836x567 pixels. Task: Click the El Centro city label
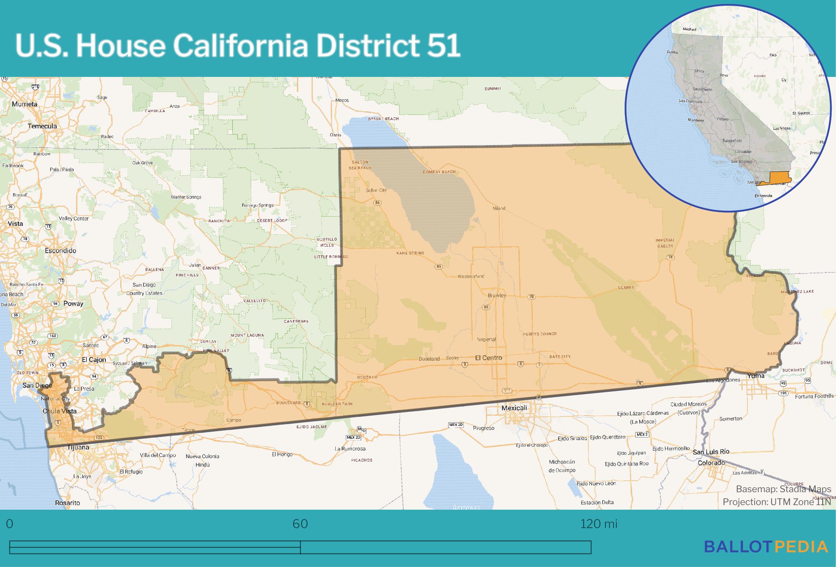pos(488,358)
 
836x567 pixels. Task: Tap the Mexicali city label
pos(514,408)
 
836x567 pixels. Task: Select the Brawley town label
pos(497,295)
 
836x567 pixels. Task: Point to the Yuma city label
pos(755,376)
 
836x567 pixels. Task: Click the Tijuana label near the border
pos(78,447)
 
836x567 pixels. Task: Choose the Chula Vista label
pos(60,411)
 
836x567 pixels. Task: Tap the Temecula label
pos(42,126)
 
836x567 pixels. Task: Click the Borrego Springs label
pos(257,205)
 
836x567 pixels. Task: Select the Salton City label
pos(376,190)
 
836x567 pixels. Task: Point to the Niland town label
pos(499,208)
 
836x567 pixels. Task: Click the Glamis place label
pos(626,287)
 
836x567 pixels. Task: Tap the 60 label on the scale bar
pos(300,524)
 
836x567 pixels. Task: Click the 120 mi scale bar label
pos(598,524)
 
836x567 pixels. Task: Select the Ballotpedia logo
pos(766,556)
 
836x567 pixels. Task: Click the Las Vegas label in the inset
pos(782,128)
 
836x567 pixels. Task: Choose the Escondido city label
pos(60,251)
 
